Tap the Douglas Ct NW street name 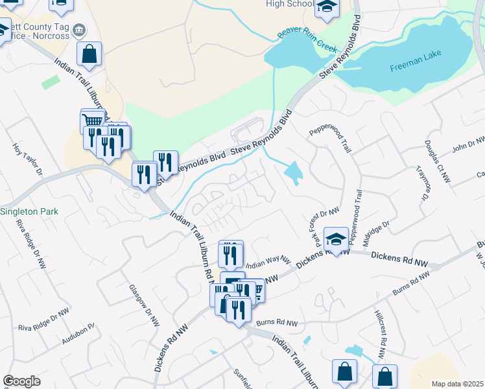pyautogui.click(x=436, y=159)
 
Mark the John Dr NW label pyautogui.click(x=468, y=145)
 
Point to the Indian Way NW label pyautogui.click(x=267, y=261)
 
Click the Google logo pyautogui.click(x=21, y=381)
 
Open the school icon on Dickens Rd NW pyautogui.click(x=336, y=241)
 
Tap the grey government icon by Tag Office pyautogui.click(x=79, y=30)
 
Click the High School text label pyautogui.click(x=290, y=4)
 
